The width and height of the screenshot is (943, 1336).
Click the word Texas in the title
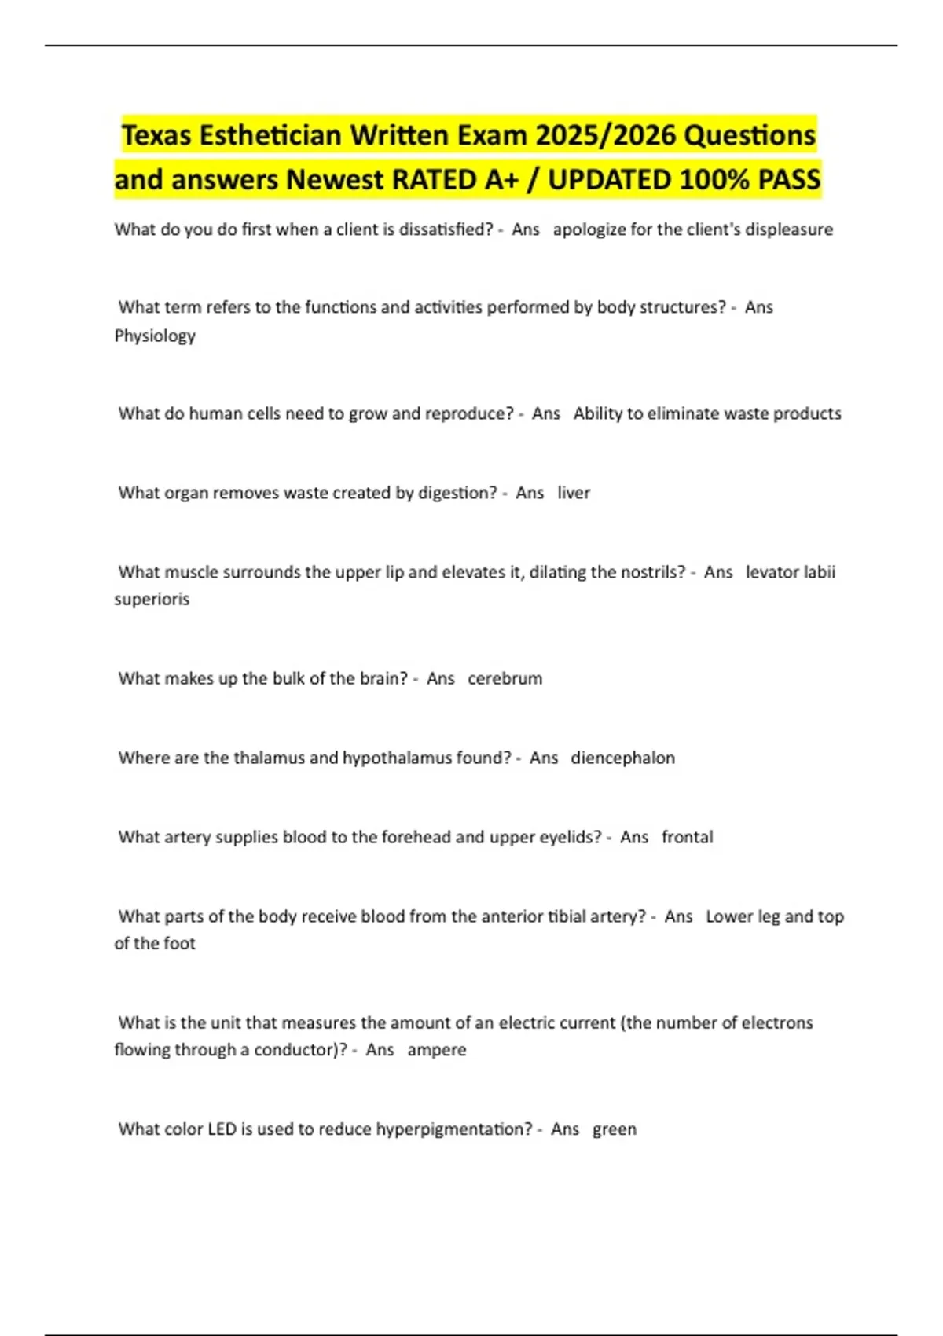pyautogui.click(x=156, y=135)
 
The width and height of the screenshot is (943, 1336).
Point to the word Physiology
pyautogui.click(x=155, y=336)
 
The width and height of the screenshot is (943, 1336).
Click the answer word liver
pyautogui.click(x=574, y=493)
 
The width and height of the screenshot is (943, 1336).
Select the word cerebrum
pyautogui.click(x=505, y=678)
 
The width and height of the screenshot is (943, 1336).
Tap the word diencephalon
pyautogui.click(x=622, y=758)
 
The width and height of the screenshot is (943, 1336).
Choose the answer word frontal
pyautogui.click(x=687, y=837)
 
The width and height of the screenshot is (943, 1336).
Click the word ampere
pyautogui.click(x=436, y=1050)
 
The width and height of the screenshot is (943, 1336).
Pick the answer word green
pyautogui.click(x=614, y=1129)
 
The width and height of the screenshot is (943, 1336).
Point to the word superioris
pyautogui.click(x=152, y=599)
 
